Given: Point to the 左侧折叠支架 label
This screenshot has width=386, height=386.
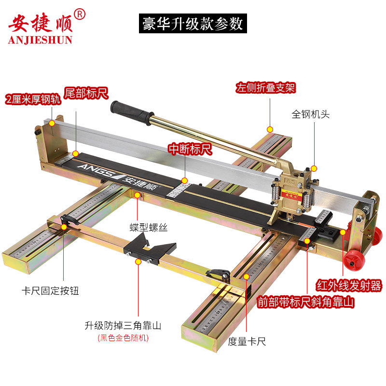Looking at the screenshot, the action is coord(265,88).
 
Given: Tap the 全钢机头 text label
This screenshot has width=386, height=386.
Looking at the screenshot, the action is coord(310,114).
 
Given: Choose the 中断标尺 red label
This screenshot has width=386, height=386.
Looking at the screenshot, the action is coord(190,149).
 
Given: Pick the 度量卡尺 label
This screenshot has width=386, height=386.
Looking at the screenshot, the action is coord(247,342).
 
